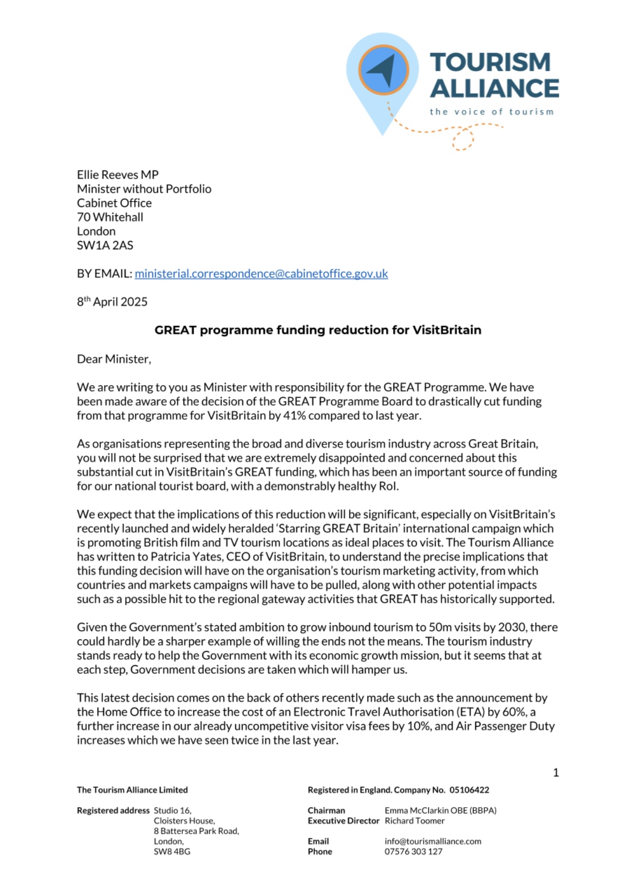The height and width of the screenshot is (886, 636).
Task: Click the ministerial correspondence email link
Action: click(x=261, y=274)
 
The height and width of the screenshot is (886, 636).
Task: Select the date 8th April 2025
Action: click(x=112, y=302)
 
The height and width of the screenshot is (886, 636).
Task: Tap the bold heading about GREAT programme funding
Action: click(x=318, y=330)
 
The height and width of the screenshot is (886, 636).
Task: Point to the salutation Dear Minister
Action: click(x=114, y=359)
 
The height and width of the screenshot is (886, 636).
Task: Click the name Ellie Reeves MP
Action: click(x=118, y=174)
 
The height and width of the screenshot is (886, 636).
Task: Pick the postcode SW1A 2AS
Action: click(x=105, y=245)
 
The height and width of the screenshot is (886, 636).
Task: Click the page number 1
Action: click(x=556, y=773)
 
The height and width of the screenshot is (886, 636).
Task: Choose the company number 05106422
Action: click(x=469, y=790)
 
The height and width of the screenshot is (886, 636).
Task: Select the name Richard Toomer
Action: click(x=414, y=821)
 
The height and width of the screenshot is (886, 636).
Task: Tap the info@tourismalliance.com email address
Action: click(x=433, y=841)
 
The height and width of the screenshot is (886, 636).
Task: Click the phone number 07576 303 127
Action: click(x=413, y=851)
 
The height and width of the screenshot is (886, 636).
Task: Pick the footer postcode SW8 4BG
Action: click(x=172, y=851)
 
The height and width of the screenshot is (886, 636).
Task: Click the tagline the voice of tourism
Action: click(x=491, y=112)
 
